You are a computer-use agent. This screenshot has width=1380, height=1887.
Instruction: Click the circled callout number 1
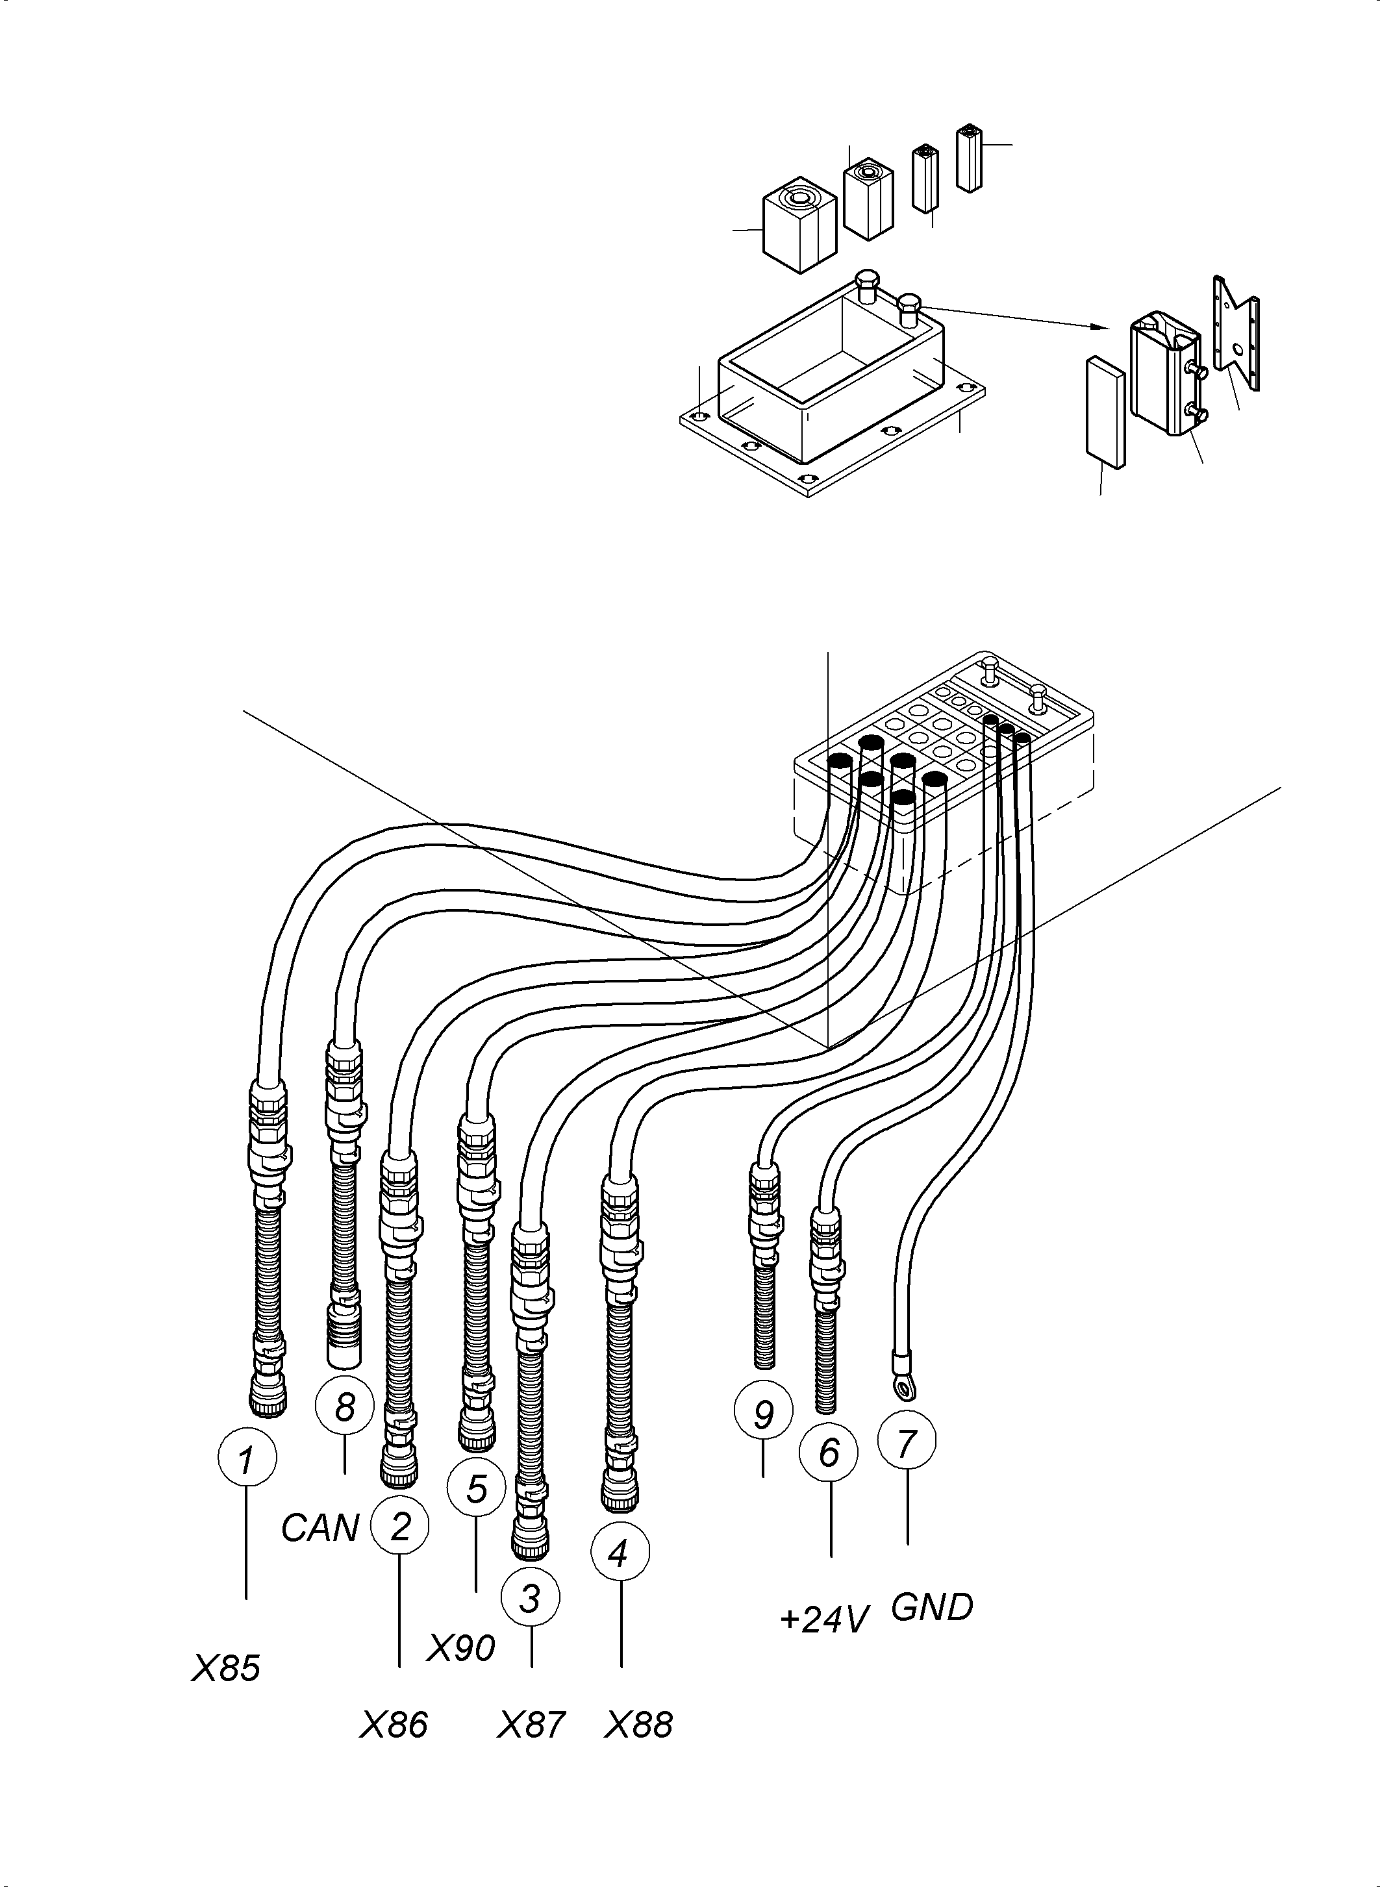(x=246, y=1459)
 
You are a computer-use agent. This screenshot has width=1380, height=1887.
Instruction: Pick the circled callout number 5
(x=476, y=1488)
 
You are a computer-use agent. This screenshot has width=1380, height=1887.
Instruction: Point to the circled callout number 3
(x=531, y=1598)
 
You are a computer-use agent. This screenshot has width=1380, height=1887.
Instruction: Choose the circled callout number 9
(x=762, y=1414)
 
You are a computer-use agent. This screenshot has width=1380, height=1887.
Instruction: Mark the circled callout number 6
(x=828, y=1453)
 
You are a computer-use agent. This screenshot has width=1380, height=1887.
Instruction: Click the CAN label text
(x=319, y=1528)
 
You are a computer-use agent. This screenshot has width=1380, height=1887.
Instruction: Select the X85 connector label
(x=225, y=1668)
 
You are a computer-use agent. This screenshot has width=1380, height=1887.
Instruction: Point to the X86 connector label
(x=394, y=1725)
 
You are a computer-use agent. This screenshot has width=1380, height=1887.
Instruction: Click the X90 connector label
(x=461, y=1648)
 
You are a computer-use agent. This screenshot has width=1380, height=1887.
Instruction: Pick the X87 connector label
(x=531, y=1725)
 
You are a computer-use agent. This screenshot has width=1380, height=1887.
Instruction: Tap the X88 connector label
(x=638, y=1725)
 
